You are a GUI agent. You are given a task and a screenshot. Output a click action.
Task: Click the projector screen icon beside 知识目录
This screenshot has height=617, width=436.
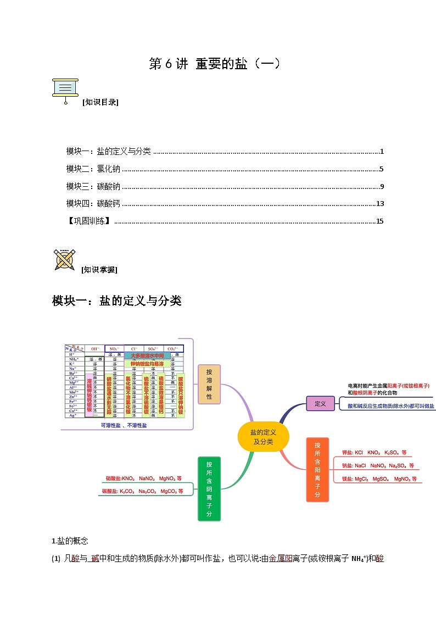65,90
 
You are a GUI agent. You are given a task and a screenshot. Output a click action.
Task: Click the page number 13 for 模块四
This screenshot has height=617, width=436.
379,204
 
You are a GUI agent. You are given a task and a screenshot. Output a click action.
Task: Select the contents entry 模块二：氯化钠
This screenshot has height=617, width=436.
93,169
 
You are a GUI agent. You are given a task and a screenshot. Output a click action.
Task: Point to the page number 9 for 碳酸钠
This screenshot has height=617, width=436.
381,186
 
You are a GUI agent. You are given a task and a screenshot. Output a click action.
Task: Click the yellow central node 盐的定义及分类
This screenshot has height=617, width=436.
263,437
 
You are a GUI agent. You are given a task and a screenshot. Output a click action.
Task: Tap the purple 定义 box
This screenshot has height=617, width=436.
320,404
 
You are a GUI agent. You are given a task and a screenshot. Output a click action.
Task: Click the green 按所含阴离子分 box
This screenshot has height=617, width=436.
209,487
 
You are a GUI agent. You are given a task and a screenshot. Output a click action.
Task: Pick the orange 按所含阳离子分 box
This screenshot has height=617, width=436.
317,469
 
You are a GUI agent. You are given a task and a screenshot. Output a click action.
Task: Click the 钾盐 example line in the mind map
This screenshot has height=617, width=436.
373,453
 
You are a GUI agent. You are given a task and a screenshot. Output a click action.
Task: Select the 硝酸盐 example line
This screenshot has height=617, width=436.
143,478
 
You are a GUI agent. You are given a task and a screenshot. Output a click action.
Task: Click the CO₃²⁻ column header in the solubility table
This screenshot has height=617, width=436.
172,348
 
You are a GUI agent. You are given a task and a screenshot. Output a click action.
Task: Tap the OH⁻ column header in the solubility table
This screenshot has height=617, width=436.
96,348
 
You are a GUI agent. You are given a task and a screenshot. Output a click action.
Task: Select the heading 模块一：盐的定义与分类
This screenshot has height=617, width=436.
116,301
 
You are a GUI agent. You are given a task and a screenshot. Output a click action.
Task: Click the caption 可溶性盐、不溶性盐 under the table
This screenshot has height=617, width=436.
124,425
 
